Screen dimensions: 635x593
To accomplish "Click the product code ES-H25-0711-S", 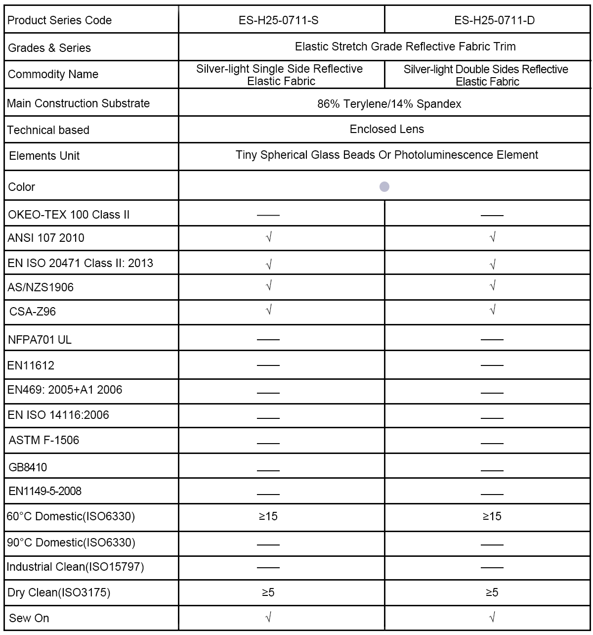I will point(282,20).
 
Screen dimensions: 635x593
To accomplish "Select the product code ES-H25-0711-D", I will point(487,20).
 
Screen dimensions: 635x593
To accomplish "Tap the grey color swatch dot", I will point(384,186).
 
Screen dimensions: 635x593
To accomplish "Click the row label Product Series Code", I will point(60,20).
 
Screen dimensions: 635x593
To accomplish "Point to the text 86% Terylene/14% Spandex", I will point(389,104).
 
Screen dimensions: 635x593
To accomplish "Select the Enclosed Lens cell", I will point(386,130).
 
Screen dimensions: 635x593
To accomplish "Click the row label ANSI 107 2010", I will point(46,238).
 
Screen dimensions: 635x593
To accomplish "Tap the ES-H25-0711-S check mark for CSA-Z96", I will point(269,311).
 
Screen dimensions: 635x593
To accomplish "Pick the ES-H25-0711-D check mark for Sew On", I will point(492,617).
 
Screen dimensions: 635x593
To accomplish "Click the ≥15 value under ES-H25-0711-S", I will point(268,516).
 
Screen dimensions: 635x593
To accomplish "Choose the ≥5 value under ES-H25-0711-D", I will point(492,592).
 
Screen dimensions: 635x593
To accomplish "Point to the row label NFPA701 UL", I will point(40,340).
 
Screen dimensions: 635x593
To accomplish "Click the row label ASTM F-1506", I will point(44,440).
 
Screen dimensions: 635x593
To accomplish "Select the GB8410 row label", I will point(28,467).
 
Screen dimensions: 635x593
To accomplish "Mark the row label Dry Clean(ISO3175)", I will point(59,592).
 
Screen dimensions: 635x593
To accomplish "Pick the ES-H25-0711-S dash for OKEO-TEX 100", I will point(268,215).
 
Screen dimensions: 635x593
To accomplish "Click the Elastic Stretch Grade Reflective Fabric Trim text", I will point(405,46).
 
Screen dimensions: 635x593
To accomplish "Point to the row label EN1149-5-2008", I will point(45,491).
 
